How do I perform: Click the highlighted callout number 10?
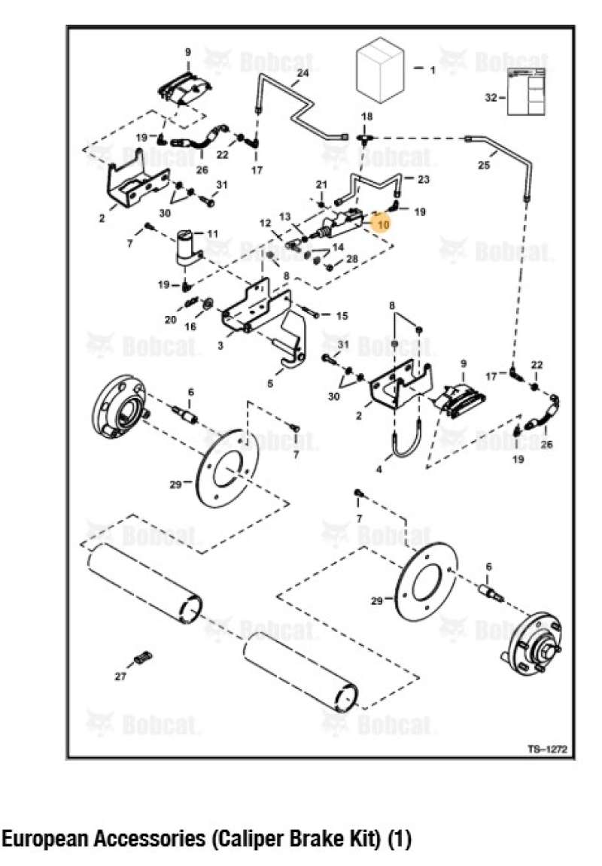pos(383,224)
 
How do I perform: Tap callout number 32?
pos(491,98)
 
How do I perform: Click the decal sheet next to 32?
pos(526,90)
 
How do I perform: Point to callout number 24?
pos(303,74)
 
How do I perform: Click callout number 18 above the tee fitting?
pos(366,117)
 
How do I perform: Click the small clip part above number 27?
pos(139,660)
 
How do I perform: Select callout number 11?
pos(212,234)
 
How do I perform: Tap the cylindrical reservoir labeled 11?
pos(186,248)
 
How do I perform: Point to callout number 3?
pos(220,345)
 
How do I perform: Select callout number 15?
pos(342,316)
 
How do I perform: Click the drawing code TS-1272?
pos(546,749)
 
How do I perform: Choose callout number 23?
pos(424,179)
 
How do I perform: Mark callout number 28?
pos(351,260)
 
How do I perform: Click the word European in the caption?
pos(47,840)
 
